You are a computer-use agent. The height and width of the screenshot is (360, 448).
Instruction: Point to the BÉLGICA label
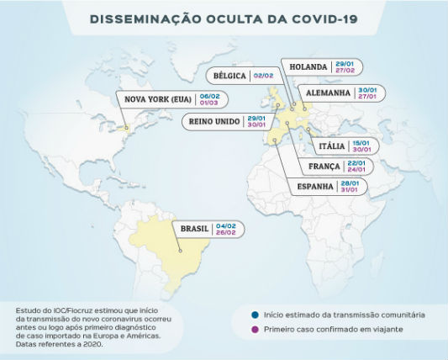click(x=229, y=76)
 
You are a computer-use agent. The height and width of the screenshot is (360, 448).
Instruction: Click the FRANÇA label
click(x=324, y=166)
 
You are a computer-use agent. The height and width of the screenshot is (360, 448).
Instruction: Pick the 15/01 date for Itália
click(x=362, y=141)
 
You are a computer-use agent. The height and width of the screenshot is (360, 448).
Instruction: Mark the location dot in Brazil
click(x=180, y=249)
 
